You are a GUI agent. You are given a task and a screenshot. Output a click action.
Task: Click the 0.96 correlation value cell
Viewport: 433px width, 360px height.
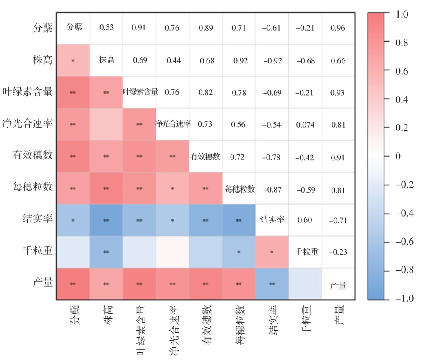point(338,28)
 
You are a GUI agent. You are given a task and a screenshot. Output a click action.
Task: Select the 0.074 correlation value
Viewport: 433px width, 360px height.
point(305,125)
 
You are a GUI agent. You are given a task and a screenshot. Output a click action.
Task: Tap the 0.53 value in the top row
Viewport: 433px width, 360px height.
point(106,28)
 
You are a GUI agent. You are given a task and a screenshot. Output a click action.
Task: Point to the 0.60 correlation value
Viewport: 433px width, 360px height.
point(305,220)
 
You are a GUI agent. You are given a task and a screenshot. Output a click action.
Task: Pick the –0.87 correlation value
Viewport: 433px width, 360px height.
point(272,190)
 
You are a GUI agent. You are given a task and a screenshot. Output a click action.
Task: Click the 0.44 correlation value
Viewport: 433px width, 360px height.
point(173,60)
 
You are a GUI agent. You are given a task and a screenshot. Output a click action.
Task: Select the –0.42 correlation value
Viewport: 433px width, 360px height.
point(305,158)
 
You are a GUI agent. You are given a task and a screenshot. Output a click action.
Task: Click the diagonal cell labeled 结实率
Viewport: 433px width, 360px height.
point(272,220)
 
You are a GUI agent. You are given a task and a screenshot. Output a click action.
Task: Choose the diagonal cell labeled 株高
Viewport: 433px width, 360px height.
point(106,60)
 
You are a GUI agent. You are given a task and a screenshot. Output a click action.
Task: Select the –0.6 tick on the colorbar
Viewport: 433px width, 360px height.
point(404,242)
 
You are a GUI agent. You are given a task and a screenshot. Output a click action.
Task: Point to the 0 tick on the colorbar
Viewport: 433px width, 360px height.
point(398,156)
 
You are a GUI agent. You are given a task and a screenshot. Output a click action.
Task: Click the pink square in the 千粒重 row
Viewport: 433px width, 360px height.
point(272,252)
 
